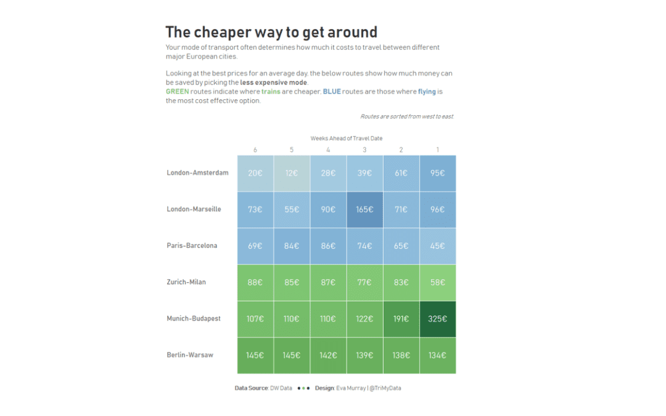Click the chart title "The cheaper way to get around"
pos(271,32)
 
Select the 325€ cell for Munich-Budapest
pos(437,319)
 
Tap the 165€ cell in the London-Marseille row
pos(364,210)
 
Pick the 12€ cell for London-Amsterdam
pos(292,173)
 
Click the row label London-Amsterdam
pos(197,173)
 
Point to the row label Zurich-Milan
pos(186,282)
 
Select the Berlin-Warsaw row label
pos(190,355)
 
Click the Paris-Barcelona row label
pos(192,246)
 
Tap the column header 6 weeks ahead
pos(255,150)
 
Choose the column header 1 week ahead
pos(438,150)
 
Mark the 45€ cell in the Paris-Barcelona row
pos(437,246)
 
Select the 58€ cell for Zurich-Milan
pos(437,282)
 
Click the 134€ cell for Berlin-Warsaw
pos(437,356)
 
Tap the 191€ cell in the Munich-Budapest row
pos(401,319)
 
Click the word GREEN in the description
pos(178,92)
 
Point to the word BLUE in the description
pos(332,92)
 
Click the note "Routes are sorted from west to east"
pos(406,116)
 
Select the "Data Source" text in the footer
pos(252,388)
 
